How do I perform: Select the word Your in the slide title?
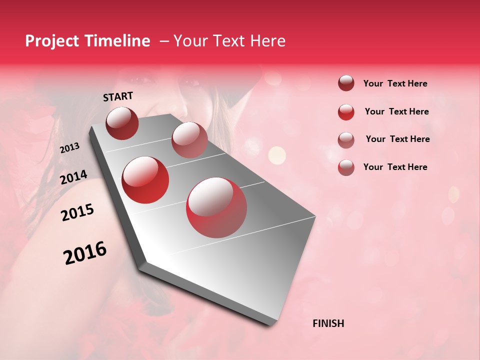coord(191,41)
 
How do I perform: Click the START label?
coord(118,96)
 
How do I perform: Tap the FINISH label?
coord(328,323)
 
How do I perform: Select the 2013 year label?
coord(69,148)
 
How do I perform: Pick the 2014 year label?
coord(73,177)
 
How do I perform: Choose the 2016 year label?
coord(85,253)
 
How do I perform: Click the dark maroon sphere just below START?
coord(122,123)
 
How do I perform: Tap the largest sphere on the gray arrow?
coord(216,207)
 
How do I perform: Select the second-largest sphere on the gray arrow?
coord(145,179)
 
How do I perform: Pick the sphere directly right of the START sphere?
coord(189,140)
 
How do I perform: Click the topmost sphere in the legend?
coord(346,83)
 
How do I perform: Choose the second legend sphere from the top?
coord(346,112)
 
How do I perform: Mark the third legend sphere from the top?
coord(346,139)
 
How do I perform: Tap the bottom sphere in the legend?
coord(346,167)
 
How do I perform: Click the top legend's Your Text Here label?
coord(395,84)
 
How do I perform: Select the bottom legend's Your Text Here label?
coord(395,167)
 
